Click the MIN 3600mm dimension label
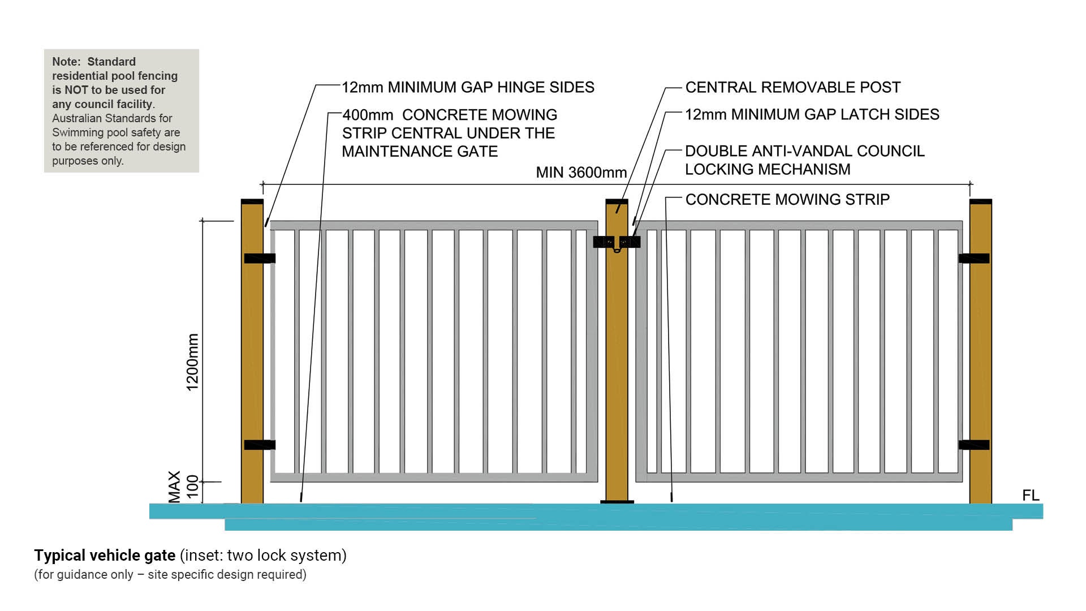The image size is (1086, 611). tap(581, 173)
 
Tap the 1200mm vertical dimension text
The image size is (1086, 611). tap(193, 362)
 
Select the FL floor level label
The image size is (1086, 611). tap(1031, 496)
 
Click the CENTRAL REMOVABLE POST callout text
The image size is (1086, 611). tap(792, 88)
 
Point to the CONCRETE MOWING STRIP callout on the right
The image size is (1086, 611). tap(787, 200)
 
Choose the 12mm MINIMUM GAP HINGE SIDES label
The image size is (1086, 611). tap(468, 88)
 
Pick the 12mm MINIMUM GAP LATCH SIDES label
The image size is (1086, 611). tap(812, 115)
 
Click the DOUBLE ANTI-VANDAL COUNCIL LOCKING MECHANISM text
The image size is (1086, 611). tap(804, 160)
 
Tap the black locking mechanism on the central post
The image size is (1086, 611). tap(617, 243)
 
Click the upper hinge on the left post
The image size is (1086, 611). tap(260, 259)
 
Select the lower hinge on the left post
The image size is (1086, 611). tap(260, 445)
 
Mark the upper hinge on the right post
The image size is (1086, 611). tap(974, 259)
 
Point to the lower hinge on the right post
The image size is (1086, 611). tap(974, 445)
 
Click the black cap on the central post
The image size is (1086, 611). tap(617, 202)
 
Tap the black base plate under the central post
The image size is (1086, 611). tap(617, 502)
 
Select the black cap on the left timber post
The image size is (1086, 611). tap(252, 202)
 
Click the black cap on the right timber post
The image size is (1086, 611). tap(980, 202)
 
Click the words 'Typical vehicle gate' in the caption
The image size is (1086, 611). tap(105, 556)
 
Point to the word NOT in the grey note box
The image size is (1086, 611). tap(76, 90)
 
